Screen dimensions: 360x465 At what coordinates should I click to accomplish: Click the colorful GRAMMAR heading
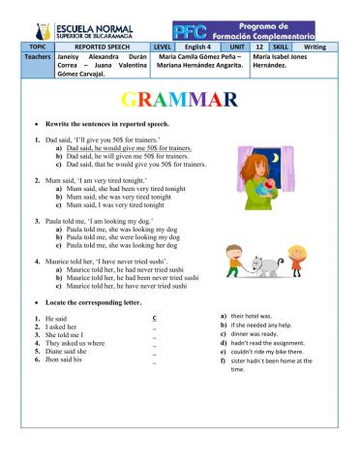[179, 100]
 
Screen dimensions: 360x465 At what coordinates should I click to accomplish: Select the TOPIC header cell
[37, 46]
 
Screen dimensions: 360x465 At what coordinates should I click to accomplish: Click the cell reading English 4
[196, 46]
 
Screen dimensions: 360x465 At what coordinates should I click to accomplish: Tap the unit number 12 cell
[258, 46]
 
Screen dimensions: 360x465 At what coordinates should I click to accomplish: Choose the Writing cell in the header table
[315, 46]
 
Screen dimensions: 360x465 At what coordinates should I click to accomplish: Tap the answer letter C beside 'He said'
[155, 318]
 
